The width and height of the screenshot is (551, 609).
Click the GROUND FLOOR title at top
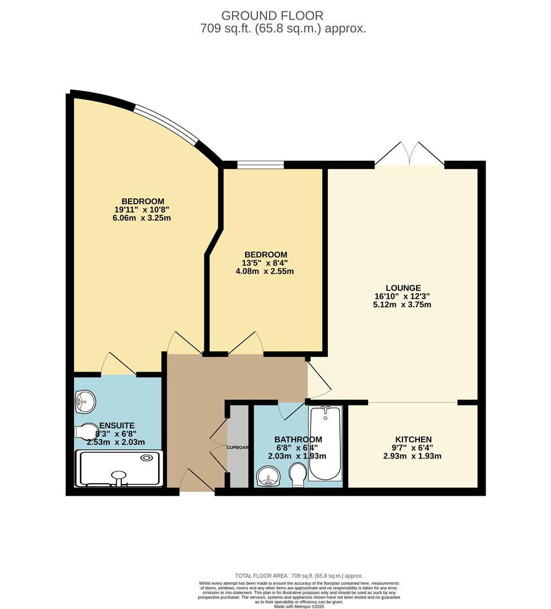point(272,15)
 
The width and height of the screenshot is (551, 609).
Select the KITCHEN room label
point(413,439)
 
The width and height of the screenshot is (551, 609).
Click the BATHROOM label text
point(298,439)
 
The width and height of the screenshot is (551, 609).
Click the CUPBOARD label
point(238,447)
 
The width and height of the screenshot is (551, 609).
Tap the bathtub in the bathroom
point(325,443)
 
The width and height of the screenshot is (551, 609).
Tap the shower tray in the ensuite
point(120,469)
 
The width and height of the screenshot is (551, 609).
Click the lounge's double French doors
point(410,154)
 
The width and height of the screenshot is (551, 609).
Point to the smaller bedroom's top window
point(260,165)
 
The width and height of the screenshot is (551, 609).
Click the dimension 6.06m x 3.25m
point(142,218)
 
